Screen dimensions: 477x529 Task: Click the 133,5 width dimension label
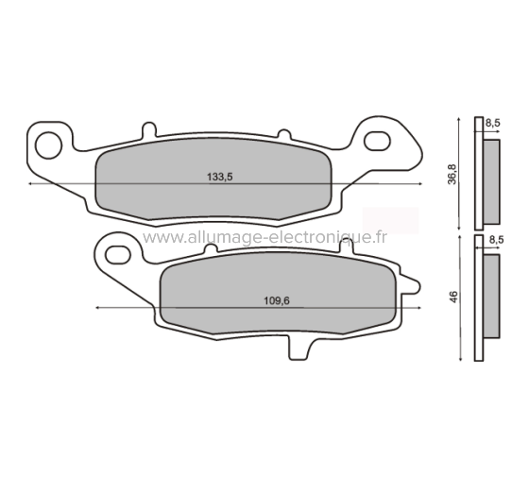click(x=219, y=177)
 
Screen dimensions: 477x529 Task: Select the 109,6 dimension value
click(x=274, y=300)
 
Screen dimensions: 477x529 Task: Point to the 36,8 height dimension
click(x=453, y=174)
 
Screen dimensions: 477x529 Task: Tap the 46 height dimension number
click(x=454, y=297)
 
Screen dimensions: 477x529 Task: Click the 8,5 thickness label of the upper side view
click(x=492, y=123)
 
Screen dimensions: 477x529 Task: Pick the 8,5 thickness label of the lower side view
click(x=497, y=241)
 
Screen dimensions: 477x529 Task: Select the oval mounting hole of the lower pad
click(x=119, y=252)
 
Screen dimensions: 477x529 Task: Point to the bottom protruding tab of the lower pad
click(x=295, y=348)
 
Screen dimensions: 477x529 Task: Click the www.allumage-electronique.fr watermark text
click(x=264, y=237)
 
